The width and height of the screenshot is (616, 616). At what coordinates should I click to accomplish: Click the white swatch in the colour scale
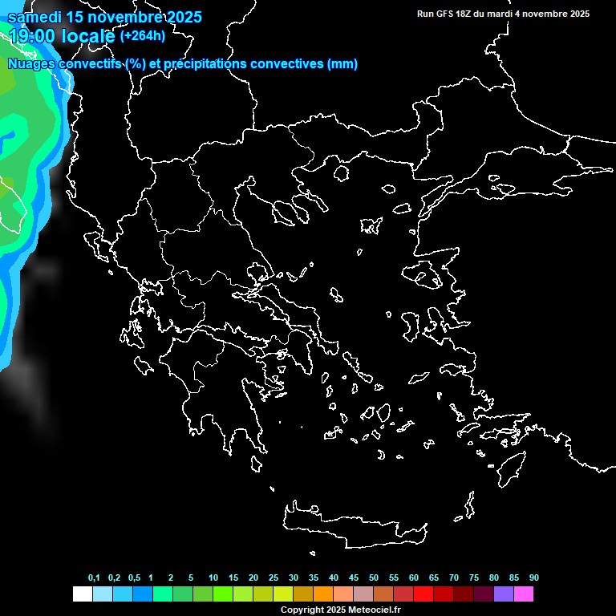pyautogui.click(x=82, y=594)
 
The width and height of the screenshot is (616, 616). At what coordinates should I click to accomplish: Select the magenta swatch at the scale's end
pyautogui.click(x=524, y=594)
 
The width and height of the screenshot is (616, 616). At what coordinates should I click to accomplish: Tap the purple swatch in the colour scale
pyautogui.click(x=504, y=594)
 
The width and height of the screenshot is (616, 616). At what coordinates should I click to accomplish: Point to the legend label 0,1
pyautogui.click(x=94, y=577)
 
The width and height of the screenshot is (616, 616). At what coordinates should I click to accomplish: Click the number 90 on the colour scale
pyautogui.click(x=533, y=577)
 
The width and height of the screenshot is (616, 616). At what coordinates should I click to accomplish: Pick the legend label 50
pyautogui.click(x=374, y=577)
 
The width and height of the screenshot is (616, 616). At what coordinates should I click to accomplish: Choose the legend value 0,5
pyautogui.click(x=134, y=577)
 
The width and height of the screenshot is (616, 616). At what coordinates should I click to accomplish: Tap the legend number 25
pyautogui.click(x=274, y=577)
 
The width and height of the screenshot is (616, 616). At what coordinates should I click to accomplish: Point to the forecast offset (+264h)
pyautogui.click(x=143, y=35)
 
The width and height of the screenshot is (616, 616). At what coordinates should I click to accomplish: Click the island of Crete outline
pyautogui.click(x=353, y=525)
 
